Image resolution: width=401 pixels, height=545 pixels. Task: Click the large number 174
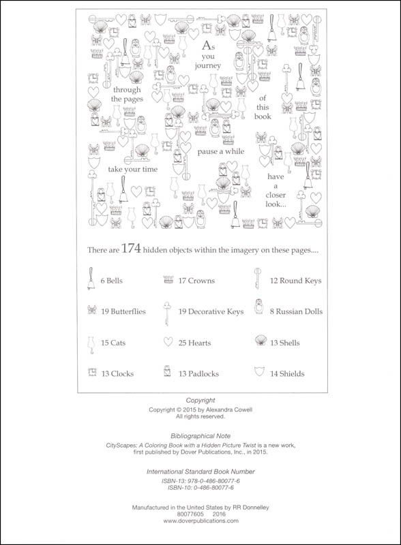(x=131, y=249)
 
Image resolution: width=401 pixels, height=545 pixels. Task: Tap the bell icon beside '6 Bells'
(x=91, y=279)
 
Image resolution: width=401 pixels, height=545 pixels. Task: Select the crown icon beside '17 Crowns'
(x=168, y=279)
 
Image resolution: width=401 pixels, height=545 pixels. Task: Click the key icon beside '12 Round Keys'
(x=258, y=279)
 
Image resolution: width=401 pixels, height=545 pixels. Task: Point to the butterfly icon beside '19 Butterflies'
(x=91, y=310)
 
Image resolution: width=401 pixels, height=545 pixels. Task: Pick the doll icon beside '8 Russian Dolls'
(x=258, y=307)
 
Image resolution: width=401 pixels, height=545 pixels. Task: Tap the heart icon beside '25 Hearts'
(x=168, y=342)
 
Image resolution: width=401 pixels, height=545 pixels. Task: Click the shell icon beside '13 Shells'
(x=261, y=341)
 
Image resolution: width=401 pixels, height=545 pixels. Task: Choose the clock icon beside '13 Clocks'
(x=92, y=373)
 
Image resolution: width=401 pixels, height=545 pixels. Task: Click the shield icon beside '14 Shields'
(x=259, y=372)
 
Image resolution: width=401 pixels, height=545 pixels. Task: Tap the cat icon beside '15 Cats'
(x=91, y=345)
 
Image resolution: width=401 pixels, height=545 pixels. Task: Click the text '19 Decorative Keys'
(x=211, y=312)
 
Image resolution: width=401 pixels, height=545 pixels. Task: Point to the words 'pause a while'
(x=221, y=151)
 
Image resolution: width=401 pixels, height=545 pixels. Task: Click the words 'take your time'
(x=132, y=169)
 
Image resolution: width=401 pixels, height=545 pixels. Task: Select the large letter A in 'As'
(x=207, y=46)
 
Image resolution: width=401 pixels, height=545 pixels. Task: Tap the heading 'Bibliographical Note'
(x=200, y=436)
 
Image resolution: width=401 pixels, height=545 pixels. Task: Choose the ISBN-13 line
(x=200, y=481)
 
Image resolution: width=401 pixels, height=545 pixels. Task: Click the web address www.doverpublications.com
(x=200, y=520)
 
